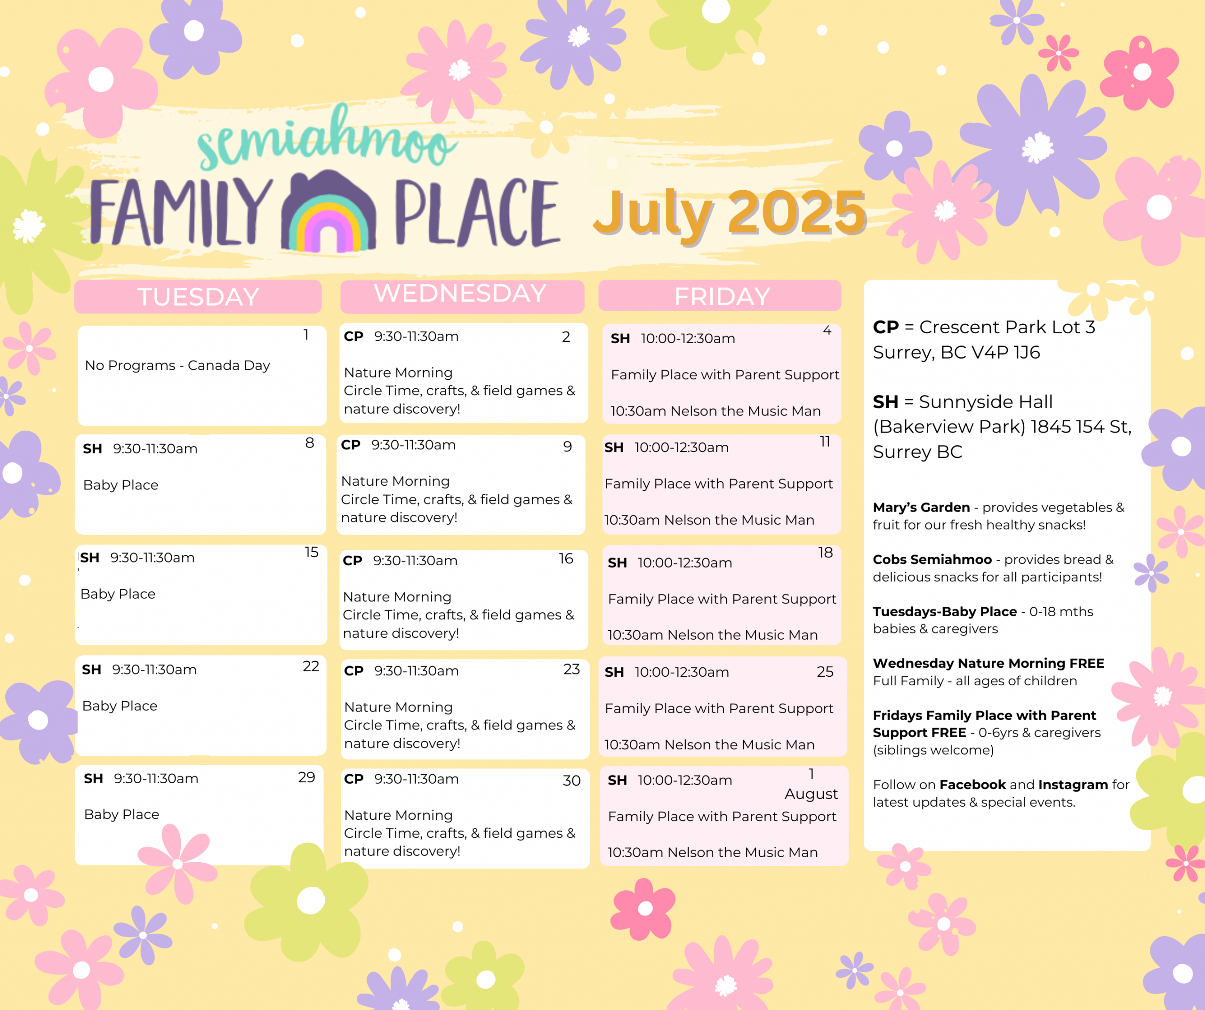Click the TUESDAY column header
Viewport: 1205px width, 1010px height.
click(x=198, y=297)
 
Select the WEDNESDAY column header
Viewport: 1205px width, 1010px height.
click(x=460, y=293)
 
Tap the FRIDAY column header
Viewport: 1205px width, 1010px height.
click(x=722, y=297)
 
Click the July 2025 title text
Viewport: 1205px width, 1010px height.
click(x=729, y=212)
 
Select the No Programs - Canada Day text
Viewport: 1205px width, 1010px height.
click(x=177, y=366)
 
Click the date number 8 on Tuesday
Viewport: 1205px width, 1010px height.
click(x=310, y=442)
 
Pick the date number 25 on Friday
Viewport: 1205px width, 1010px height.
click(x=825, y=672)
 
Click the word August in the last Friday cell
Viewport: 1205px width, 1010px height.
click(x=811, y=794)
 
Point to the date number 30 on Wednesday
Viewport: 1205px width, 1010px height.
click(x=571, y=780)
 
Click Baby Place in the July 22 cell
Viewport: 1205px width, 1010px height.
click(x=120, y=706)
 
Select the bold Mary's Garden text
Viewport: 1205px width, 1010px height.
click(x=921, y=508)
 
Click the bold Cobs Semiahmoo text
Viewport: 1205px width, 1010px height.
click(x=932, y=560)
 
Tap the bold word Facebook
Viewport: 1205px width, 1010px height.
click(x=972, y=785)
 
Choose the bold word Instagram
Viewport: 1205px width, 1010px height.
click(x=1072, y=785)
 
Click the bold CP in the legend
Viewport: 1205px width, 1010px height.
click(x=885, y=327)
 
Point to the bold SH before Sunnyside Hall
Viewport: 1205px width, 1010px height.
click(x=885, y=402)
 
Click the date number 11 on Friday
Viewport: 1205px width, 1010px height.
click(x=825, y=441)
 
